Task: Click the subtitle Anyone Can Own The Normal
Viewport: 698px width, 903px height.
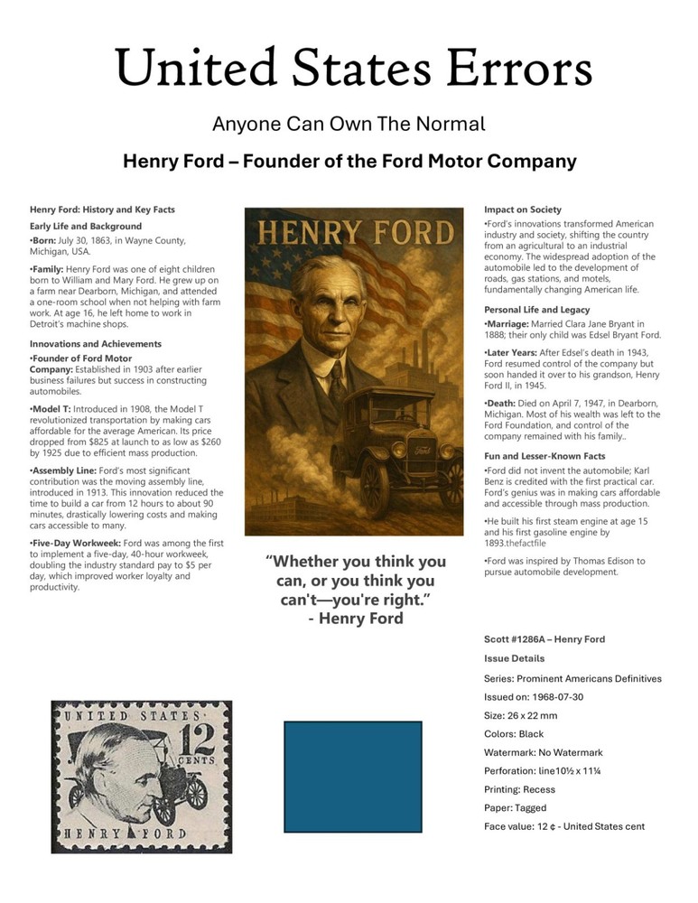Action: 349,124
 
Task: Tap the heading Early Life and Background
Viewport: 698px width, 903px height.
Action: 86,226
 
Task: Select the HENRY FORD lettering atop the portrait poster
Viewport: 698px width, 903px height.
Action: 349,234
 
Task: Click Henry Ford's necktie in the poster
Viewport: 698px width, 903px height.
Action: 336,379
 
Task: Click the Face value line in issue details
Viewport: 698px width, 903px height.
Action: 564,826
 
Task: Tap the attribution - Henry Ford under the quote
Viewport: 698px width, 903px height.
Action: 355,619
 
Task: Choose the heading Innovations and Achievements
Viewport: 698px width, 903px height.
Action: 96,344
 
